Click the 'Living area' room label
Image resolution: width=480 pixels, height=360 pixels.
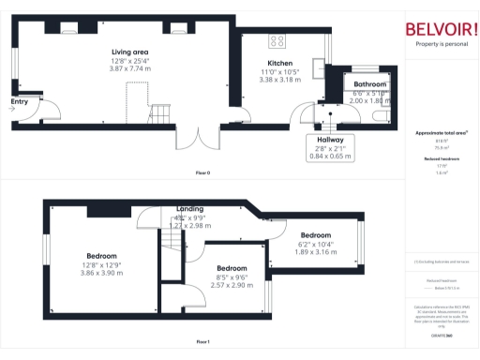[x=130, y=52]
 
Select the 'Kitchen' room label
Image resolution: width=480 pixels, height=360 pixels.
[x=280, y=63]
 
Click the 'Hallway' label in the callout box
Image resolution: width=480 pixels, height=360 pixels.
[x=329, y=139]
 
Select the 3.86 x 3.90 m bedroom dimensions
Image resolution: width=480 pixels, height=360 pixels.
[x=101, y=272]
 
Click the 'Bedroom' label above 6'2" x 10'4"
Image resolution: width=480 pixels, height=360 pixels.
[x=315, y=234]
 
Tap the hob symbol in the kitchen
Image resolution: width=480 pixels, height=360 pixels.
[x=278, y=39]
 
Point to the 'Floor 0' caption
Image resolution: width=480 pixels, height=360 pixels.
[x=202, y=172]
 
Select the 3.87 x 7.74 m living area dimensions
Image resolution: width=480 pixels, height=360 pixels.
[x=130, y=68]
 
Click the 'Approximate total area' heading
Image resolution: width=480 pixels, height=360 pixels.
[x=441, y=133]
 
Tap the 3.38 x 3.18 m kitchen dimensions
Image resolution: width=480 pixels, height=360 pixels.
[x=280, y=80]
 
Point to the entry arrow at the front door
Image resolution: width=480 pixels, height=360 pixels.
[x=11, y=109]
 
